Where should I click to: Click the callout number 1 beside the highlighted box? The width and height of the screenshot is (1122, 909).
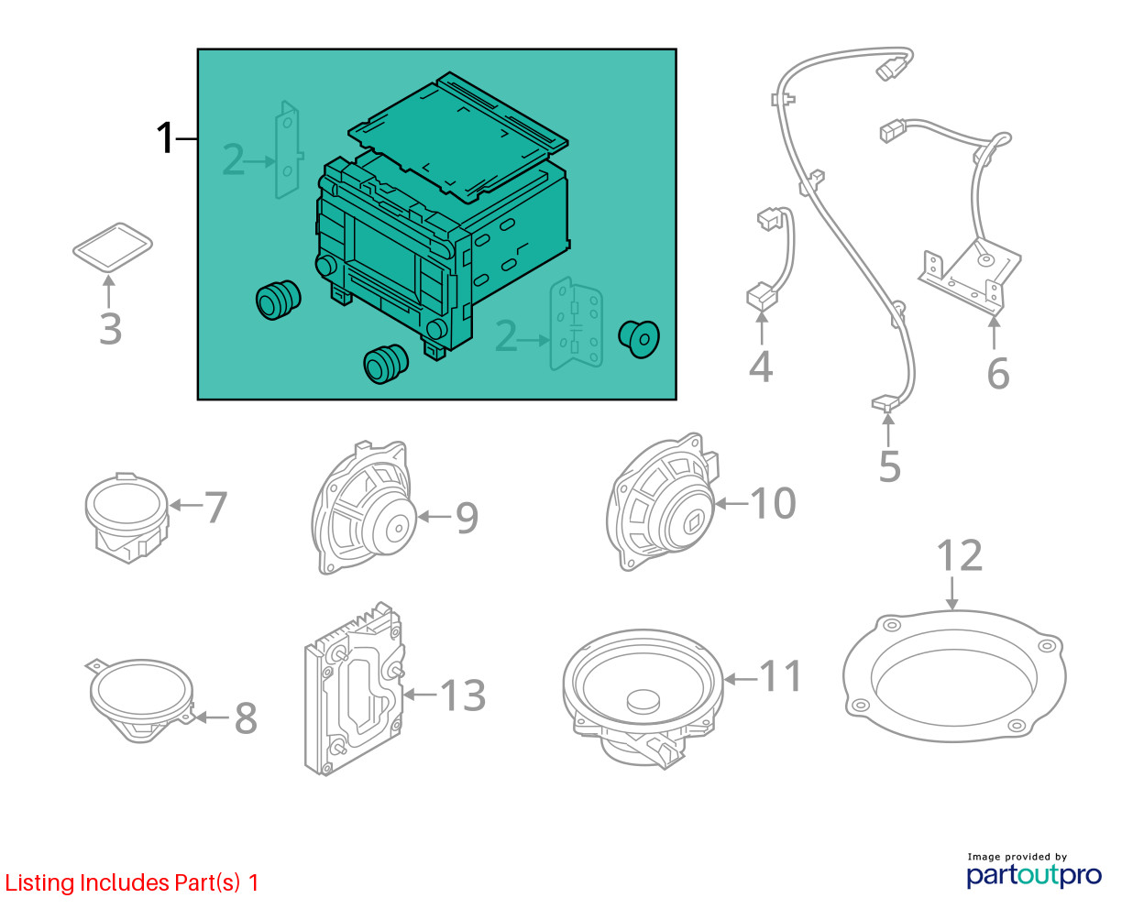point(165,137)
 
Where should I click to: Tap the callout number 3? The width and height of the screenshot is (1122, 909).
point(111,329)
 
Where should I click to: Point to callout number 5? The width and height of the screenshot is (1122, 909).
point(890,466)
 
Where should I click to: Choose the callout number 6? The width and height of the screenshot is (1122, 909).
point(997,374)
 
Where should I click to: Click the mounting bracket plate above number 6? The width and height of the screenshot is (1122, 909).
point(969,274)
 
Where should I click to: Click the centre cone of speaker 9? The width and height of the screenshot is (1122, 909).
point(394,527)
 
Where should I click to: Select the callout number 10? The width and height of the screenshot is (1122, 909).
point(773,503)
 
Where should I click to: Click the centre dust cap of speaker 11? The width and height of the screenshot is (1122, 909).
point(643,700)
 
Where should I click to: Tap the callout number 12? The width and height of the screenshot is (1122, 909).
point(959,555)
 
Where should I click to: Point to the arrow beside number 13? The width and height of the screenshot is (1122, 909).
point(421,695)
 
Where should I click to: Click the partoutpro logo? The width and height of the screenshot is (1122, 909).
point(1033,875)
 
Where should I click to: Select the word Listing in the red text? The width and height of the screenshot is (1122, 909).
point(39,883)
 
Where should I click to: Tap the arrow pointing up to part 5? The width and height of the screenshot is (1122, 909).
point(888,431)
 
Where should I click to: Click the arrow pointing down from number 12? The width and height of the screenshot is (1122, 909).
point(951,594)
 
